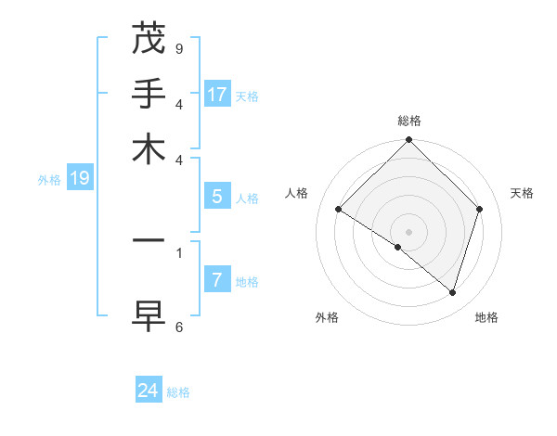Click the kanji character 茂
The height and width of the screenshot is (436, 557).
pos(148,38)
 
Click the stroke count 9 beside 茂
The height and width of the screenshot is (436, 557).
pos(179,48)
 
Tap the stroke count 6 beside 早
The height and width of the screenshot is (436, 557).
pos(179,327)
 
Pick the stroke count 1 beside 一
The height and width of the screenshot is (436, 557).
pos(179,251)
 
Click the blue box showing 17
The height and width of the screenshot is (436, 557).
pos(217,94)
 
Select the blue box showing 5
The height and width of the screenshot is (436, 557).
pos(217,197)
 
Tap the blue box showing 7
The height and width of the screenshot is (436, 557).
pos(217,280)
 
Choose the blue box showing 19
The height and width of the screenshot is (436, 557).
pos(80,178)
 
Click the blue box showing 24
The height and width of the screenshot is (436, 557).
pos(149,391)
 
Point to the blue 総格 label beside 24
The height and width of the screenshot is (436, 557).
pos(178,392)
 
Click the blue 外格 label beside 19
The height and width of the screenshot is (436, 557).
pos(49,180)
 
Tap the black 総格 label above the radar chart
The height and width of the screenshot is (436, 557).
pos(409,121)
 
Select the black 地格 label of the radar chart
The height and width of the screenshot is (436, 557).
pos(486,317)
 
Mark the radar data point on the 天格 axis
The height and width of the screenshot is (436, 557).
pos(480,209)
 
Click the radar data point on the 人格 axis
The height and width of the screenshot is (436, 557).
pos(339,209)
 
